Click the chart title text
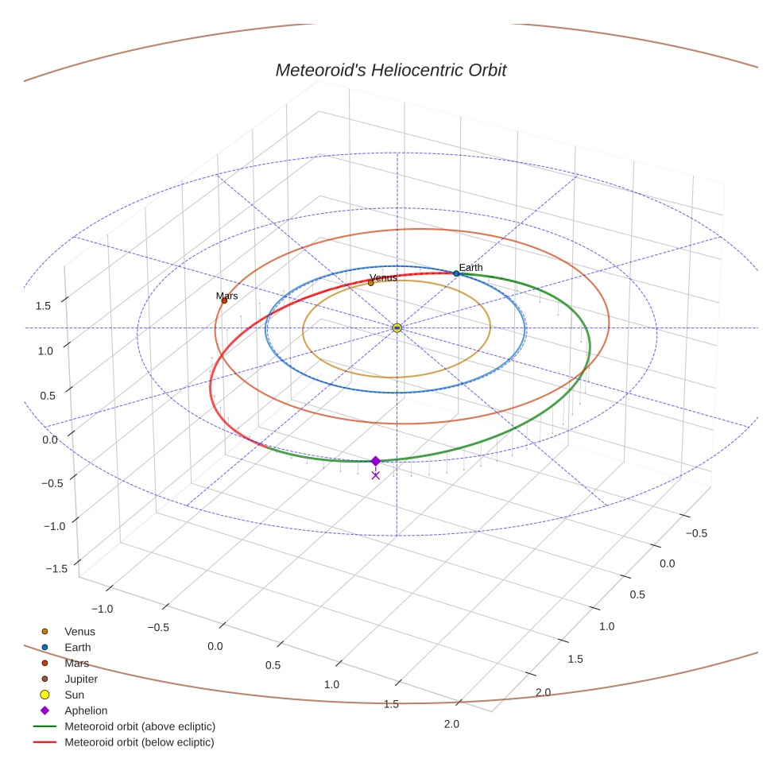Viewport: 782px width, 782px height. (x=390, y=70)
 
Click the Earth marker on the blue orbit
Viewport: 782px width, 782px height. (x=456, y=273)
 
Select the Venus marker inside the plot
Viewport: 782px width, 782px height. (x=371, y=283)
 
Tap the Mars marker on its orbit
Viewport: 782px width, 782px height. (x=224, y=300)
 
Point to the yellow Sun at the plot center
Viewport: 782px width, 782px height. (x=397, y=327)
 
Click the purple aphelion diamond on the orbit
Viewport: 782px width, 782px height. (x=376, y=461)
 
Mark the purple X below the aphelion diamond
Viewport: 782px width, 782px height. (x=376, y=475)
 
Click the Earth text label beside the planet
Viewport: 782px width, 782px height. (x=470, y=268)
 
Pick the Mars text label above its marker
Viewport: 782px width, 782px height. (x=226, y=296)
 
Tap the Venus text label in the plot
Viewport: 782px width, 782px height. (x=383, y=277)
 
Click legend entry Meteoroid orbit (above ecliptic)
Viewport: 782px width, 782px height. (x=140, y=726)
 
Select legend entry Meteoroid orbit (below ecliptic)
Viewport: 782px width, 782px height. (x=139, y=742)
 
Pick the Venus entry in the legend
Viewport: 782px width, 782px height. (x=79, y=632)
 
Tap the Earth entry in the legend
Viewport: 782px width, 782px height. (x=78, y=648)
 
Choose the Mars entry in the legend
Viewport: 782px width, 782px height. (x=76, y=664)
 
